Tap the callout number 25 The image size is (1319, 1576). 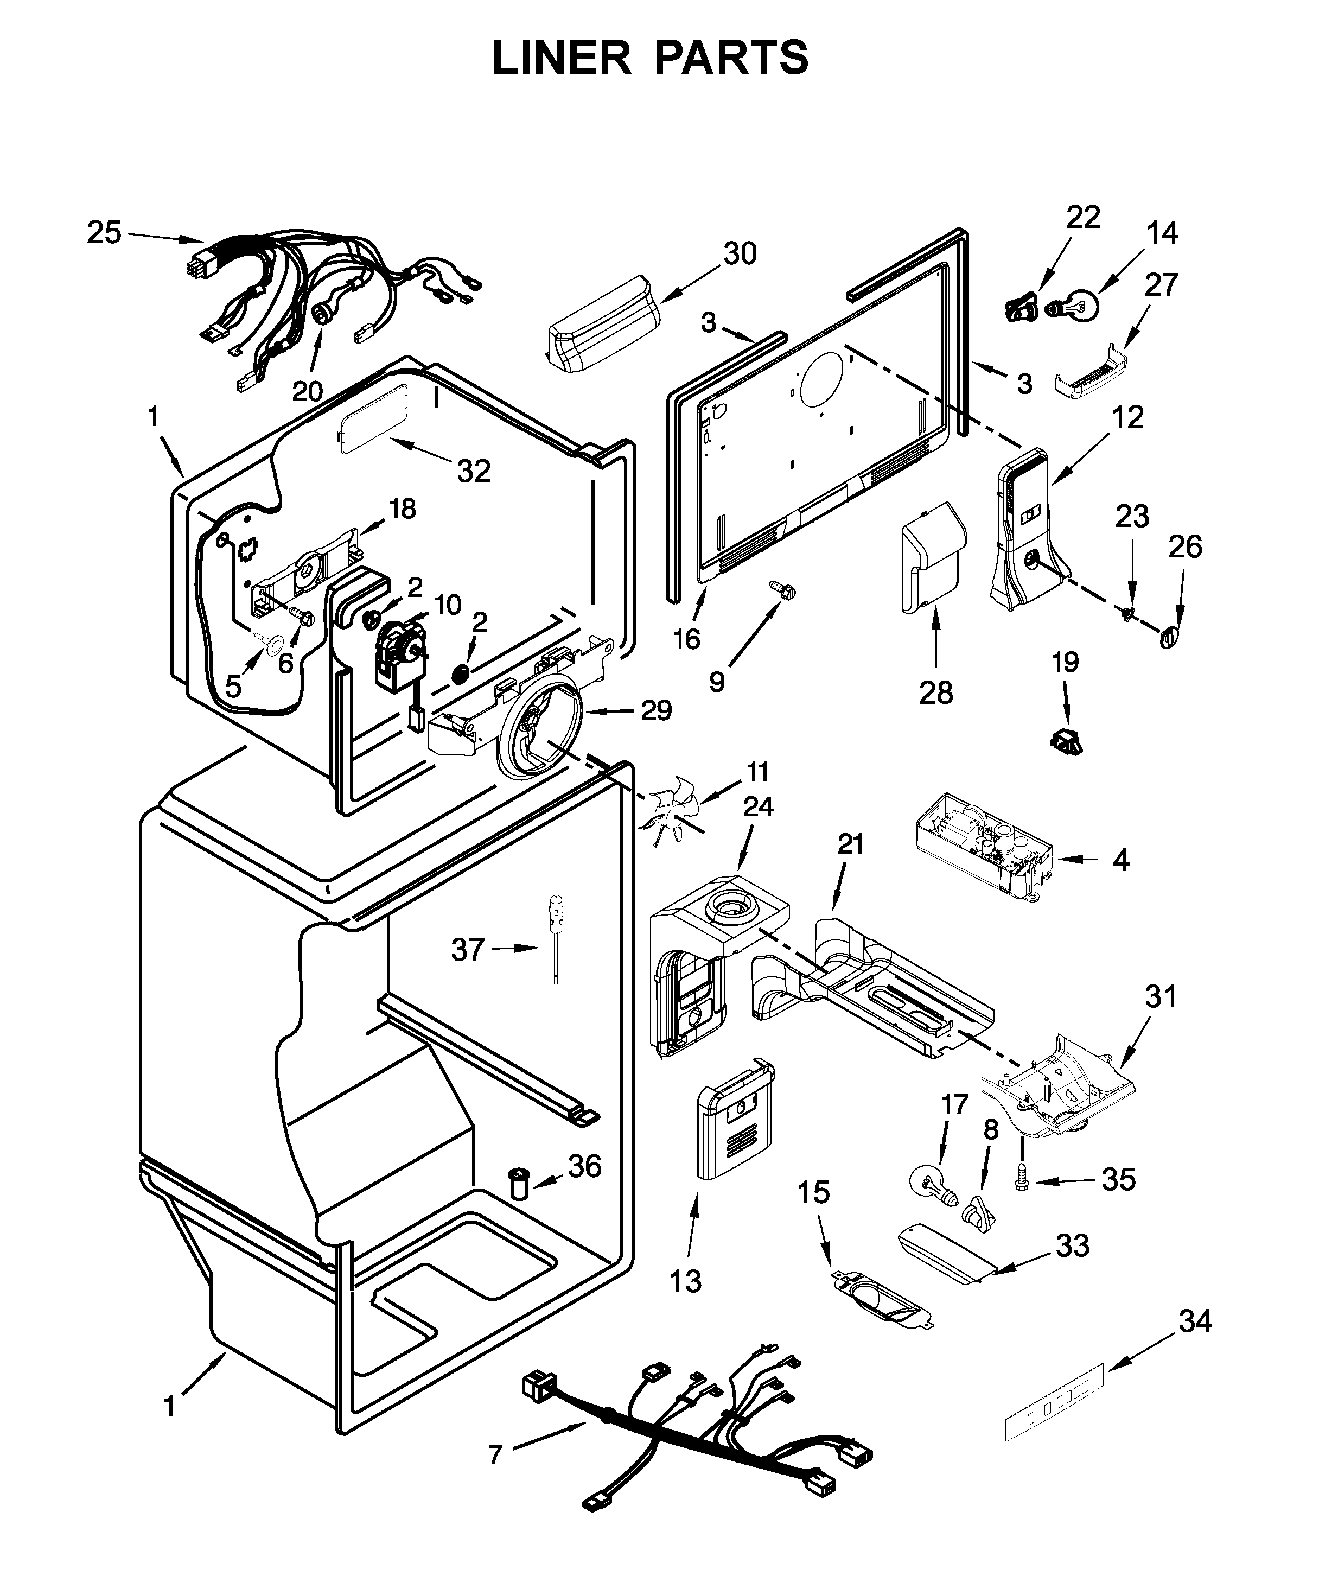click(x=104, y=233)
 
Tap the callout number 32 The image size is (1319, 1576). click(x=474, y=471)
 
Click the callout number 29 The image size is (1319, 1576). click(x=656, y=709)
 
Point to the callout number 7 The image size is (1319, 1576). click(x=495, y=1454)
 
